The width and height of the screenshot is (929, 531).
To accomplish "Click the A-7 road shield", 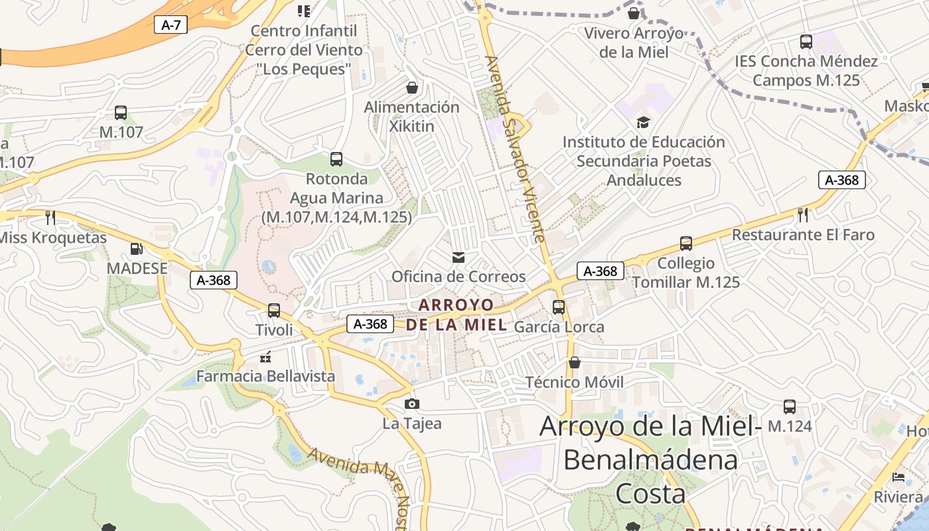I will tap(171, 25).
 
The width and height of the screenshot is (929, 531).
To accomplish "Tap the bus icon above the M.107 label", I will tap(121, 113).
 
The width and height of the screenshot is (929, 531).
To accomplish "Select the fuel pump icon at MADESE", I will tap(137, 249).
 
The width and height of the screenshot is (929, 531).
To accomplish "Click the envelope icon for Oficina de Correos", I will tap(458, 257).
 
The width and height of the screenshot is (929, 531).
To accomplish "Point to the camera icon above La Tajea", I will tap(412, 404).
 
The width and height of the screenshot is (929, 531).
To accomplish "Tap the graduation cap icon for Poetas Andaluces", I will tap(642, 122).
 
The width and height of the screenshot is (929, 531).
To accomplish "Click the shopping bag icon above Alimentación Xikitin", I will tap(412, 88).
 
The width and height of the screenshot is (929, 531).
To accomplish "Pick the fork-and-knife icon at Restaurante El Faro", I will tap(803, 214).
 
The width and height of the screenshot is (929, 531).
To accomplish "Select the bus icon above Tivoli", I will tap(273, 310).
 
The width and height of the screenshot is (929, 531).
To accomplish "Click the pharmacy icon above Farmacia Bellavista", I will tap(266, 357).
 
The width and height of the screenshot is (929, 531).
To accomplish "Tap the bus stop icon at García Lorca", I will tap(559, 307).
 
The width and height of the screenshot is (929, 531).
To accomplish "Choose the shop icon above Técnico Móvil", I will tap(575, 362).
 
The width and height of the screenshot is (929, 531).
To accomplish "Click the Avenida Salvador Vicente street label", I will tap(516, 149).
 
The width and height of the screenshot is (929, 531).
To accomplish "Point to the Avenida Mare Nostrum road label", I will tap(358, 481).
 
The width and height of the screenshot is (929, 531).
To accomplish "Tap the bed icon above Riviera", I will tap(898, 477).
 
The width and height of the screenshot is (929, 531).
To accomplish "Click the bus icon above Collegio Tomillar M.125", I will tap(686, 244).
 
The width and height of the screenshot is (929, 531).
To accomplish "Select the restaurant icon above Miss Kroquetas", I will tap(50, 217).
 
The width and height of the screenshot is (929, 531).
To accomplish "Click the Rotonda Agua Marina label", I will tap(336, 198).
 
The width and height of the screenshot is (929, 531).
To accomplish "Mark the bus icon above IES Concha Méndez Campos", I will tap(806, 42).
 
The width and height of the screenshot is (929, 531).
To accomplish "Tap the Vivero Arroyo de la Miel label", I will tap(634, 42).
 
